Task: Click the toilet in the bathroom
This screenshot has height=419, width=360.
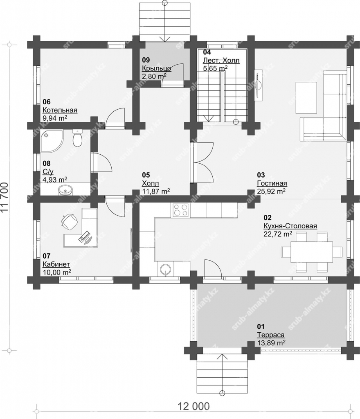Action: (x=78, y=138)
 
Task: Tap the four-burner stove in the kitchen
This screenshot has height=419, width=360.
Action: (x=181, y=210)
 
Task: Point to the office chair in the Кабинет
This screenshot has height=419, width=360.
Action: (x=69, y=221)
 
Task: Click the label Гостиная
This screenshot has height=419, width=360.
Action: (x=272, y=183)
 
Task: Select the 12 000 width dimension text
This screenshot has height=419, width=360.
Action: (x=193, y=406)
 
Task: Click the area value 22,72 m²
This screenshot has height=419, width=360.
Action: (x=277, y=234)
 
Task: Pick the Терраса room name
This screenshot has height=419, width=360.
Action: (x=270, y=335)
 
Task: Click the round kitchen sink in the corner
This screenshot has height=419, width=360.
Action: (x=166, y=269)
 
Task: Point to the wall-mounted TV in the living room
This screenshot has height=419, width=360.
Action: (x=258, y=86)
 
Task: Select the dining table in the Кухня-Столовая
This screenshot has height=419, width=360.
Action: (x=312, y=252)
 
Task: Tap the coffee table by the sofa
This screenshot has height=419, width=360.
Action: (x=306, y=97)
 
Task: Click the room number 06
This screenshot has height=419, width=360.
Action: (x=47, y=102)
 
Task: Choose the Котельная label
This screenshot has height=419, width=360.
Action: (x=60, y=110)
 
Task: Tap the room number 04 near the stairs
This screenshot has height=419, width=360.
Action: (x=207, y=52)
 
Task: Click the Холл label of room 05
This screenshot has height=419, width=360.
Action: (x=151, y=183)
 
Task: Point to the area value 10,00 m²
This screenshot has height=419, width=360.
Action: (x=56, y=272)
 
